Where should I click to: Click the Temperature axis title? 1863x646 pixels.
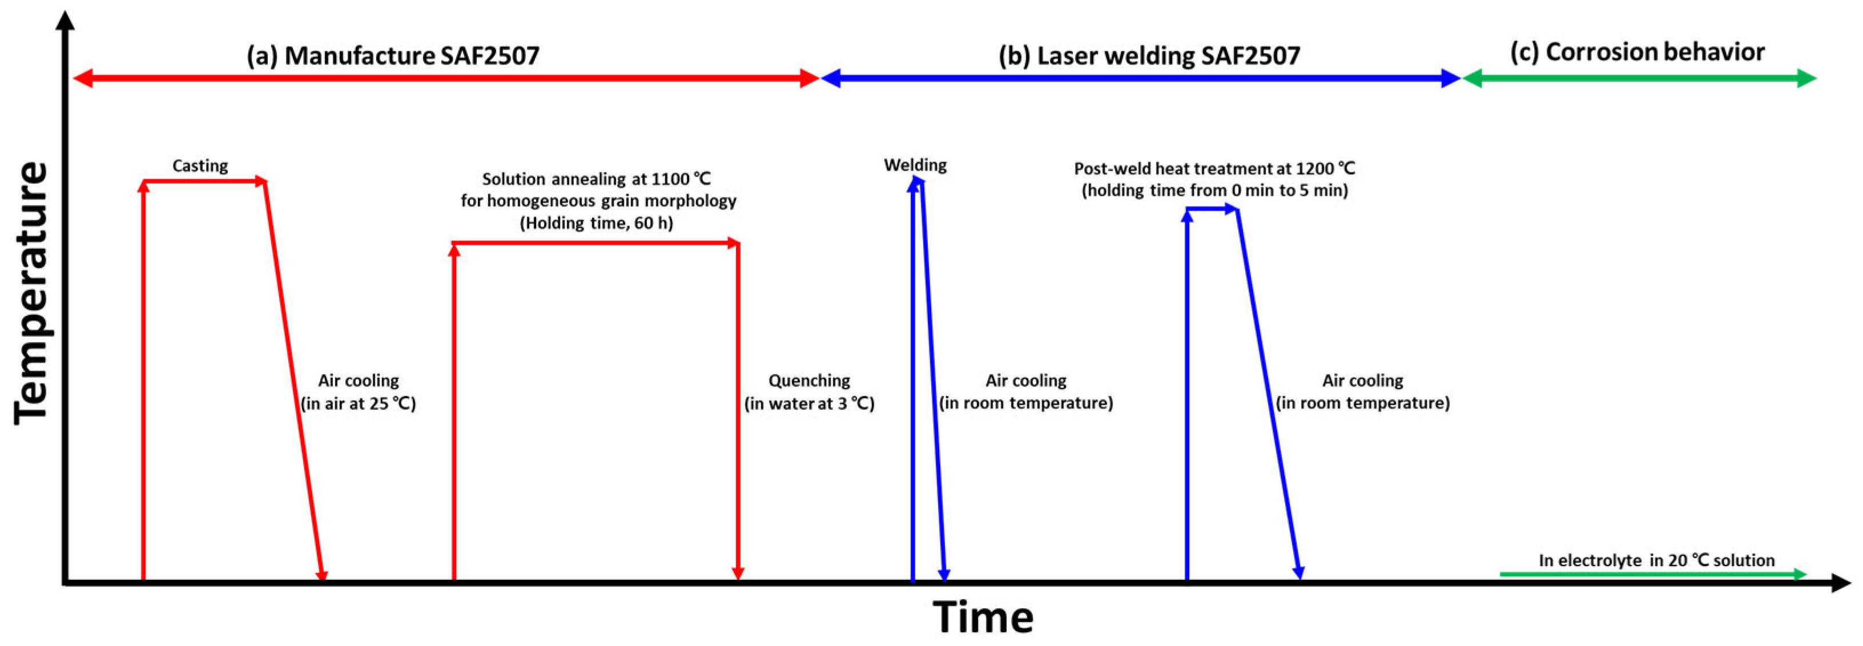(31, 293)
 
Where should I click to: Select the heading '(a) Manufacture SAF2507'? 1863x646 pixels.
(393, 55)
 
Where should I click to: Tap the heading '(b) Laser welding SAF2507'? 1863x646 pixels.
(1149, 55)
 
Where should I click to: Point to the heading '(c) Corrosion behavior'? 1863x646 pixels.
(1637, 52)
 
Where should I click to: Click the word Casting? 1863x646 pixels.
(200, 165)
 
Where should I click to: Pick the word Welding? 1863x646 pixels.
(915, 165)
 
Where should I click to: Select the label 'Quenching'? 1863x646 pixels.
(808, 380)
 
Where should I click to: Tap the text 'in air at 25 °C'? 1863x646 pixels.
(358, 403)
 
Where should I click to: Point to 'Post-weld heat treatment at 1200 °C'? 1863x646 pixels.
(1214, 168)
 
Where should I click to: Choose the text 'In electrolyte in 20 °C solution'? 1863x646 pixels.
(1656, 560)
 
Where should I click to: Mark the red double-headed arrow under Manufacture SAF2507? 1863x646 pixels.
(445, 78)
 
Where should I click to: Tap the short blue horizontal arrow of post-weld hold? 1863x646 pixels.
(1212, 209)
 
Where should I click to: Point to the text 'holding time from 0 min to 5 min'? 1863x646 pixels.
(1215, 191)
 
